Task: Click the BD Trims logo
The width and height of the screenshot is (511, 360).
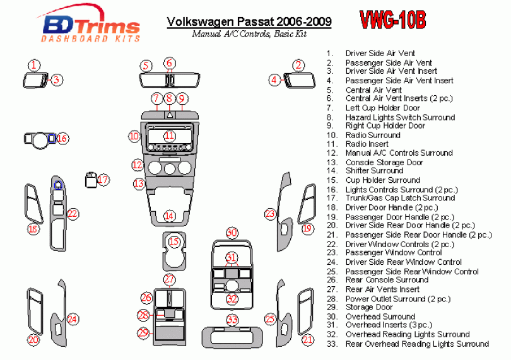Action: coord(90,28)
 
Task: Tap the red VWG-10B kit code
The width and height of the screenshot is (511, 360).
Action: coord(392,20)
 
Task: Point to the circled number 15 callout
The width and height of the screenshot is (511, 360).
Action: coord(174,241)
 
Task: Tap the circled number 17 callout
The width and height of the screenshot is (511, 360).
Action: coord(103,180)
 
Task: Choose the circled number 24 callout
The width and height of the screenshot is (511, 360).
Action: coord(73,319)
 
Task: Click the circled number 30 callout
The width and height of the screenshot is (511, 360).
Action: coord(232,233)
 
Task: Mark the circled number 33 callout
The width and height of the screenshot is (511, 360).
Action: coord(232,320)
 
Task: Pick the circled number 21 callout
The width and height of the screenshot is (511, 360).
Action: coord(307,340)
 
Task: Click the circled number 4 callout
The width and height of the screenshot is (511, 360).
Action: coord(274,79)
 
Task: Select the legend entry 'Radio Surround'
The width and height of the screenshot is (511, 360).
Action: coord(372,135)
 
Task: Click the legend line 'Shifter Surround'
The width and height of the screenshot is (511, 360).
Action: coord(373,170)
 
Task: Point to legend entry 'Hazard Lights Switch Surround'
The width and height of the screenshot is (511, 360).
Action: coord(399,117)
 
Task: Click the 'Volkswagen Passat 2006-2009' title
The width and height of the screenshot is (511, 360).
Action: coord(249,23)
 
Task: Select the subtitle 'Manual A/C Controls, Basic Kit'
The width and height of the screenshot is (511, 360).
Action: coord(249,34)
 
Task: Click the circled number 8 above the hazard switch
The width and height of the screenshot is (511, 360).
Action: coord(169,98)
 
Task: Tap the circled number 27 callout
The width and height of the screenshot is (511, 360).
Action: coord(169,279)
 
